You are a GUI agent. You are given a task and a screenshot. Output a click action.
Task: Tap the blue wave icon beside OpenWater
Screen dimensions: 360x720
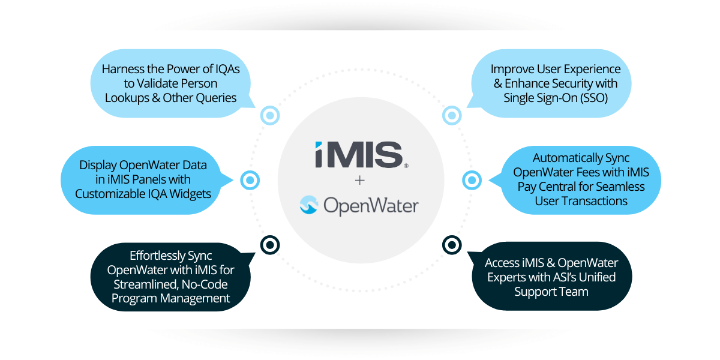pyautogui.click(x=309, y=206)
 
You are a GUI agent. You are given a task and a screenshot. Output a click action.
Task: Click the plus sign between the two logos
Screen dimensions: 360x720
pyautogui.click(x=360, y=179)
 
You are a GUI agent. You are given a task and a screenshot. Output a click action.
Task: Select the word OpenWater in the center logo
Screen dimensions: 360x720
pyautogui.click(x=370, y=206)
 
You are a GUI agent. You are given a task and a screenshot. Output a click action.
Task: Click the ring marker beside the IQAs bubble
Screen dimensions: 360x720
pyautogui.click(x=270, y=115)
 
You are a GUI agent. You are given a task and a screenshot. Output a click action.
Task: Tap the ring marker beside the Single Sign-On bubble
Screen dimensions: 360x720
pyautogui.click(x=451, y=115)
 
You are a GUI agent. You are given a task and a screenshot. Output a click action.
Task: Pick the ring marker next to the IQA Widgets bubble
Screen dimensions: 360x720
pyautogui.click(x=250, y=179)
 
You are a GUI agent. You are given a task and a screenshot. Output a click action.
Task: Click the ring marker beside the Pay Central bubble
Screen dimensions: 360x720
pyautogui.click(x=472, y=179)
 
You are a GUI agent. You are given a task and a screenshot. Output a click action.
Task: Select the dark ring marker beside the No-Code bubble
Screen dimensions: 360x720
pyautogui.click(x=270, y=244)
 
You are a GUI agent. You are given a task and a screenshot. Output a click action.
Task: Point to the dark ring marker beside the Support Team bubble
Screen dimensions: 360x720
pyautogui.click(x=451, y=244)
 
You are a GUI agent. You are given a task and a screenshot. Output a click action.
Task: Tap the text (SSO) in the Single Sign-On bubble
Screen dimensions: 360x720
pyautogui.click(x=589, y=97)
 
